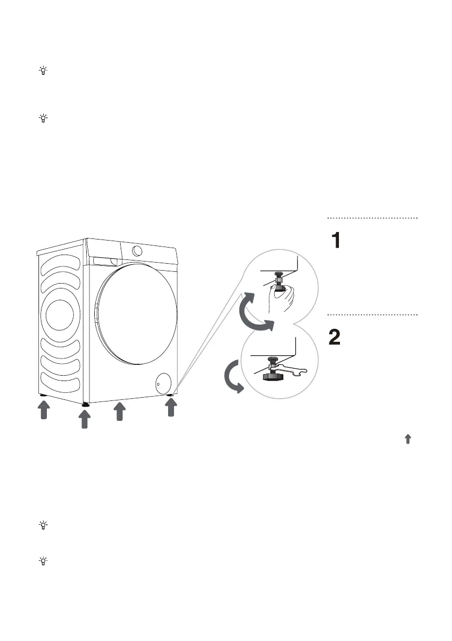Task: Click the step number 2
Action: click(x=335, y=337)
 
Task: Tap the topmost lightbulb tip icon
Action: click(x=43, y=71)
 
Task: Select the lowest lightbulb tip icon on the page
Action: click(x=43, y=561)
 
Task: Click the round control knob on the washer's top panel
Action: click(x=137, y=250)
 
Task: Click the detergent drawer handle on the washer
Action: click(x=105, y=260)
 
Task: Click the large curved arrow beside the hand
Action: click(x=253, y=312)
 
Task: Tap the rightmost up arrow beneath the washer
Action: click(x=170, y=408)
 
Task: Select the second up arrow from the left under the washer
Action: click(x=84, y=419)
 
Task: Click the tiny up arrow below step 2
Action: click(x=407, y=439)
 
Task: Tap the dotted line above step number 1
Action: click(x=372, y=218)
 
